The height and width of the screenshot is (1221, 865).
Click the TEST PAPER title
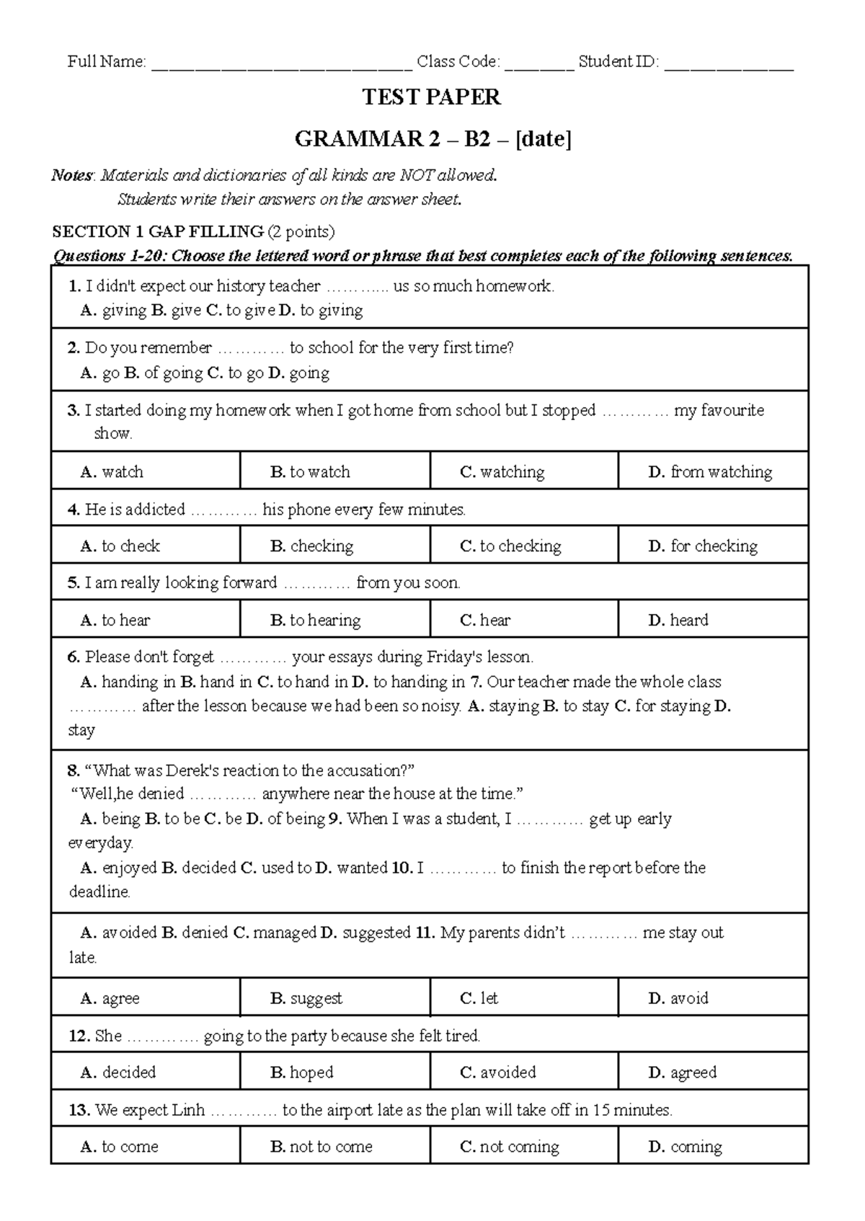(431, 97)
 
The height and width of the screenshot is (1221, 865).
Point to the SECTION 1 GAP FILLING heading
(158, 231)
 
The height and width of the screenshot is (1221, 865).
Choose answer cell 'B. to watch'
(334, 472)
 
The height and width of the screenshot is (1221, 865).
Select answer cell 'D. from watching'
(713, 472)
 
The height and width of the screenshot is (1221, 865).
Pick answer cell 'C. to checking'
(524, 546)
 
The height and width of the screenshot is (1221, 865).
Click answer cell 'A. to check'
(145, 546)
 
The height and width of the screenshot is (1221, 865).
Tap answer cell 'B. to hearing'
(334, 620)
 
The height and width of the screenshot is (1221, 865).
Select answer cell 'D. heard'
(713, 620)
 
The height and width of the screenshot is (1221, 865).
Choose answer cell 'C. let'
(524, 998)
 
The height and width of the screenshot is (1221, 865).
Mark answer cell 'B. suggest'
(334, 998)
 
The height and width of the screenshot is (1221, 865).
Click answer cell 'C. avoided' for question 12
(524, 1072)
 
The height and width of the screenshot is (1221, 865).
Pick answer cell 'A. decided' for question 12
(145, 1072)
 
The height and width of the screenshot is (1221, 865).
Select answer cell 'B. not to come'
(334, 1146)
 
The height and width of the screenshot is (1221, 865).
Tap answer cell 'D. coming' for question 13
(713, 1146)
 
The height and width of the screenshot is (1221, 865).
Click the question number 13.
(79, 1110)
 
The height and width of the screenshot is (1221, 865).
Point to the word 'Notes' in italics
(72, 175)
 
